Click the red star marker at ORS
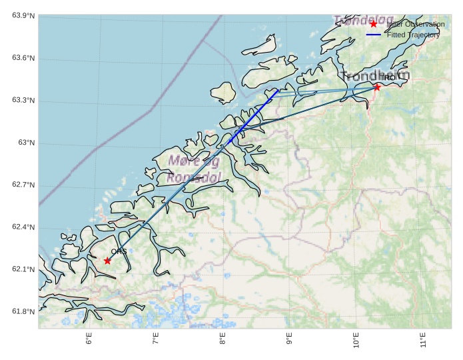pyautogui.click(x=107, y=261)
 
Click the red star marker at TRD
pyautogui.click(x=377, y=87)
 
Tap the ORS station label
pyautogui.click(x=119, y=251)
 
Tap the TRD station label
pyautogui.click(x=387, y=78)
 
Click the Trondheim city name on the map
pyautogui.click(x=375, y=75)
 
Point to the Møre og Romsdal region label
pyautogui.click(x=194, y=169)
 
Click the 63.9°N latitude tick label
pyautogui.click(x=23, y=15)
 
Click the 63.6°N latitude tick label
pyautogui.click(x=23, y=59)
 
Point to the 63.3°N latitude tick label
pyautogui.click(x=23, y=101)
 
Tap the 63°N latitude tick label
pyautogui.click(x=26, y=143)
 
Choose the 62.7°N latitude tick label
pyautogui.click(x=23, y=185)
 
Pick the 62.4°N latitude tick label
pyautogui.click(x=23, y=227)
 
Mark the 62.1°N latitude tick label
pyautogui.click(x=23, y=269)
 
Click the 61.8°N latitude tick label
pyautogui.click(x=23, y=311)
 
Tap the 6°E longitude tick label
pyautogui.click(x=89, y=339)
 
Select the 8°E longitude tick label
pyautogui.click(x=223, y=339)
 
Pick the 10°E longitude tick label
pyautogui.click(x=355, y=339)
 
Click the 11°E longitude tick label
pyautogui.click(x=422, y=339)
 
